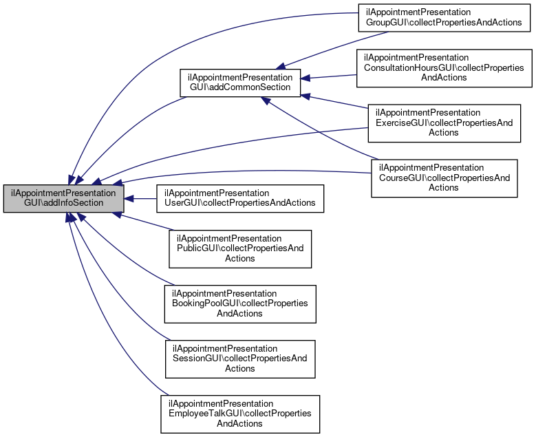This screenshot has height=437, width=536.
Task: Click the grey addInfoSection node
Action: click(63, 198)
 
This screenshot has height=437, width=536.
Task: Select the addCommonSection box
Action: click(240, 83)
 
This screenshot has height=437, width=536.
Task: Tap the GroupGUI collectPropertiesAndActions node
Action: click(444, 17)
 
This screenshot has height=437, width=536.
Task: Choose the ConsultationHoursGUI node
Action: click(444, 67)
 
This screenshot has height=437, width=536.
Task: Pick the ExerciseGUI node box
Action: click(444, 122)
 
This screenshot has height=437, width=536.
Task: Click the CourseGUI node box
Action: click(444, 178)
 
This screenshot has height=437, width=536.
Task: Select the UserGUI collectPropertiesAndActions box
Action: click(239, 198)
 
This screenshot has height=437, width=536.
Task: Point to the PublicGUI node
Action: click(240, 248)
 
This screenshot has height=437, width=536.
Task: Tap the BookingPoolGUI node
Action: click(240, 303)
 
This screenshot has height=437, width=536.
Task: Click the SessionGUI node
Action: click(240, 359)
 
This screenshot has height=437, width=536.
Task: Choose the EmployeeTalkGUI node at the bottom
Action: click(240, 414)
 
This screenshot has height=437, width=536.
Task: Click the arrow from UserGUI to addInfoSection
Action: click(141, 198)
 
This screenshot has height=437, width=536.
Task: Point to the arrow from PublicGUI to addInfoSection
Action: click(144, 222)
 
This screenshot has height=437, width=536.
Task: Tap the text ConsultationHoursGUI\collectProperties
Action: click(444, 67)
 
